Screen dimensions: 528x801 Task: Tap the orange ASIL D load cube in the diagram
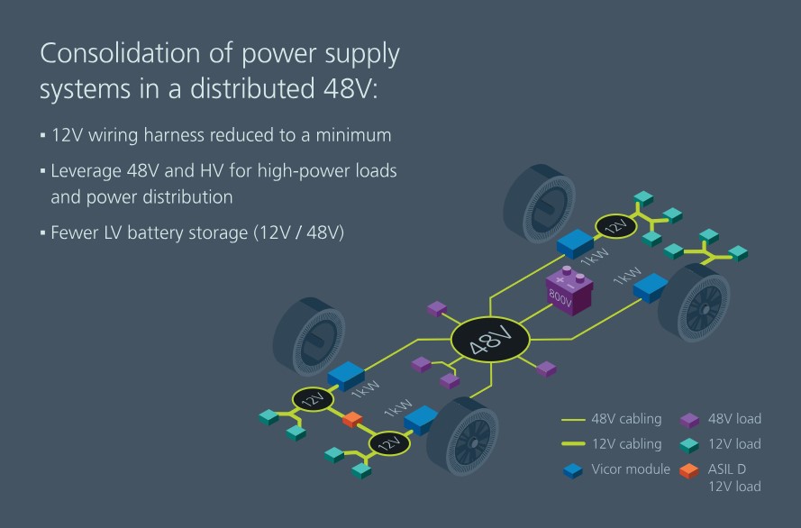point(352,419)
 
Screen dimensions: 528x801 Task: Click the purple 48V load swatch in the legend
point(689,419)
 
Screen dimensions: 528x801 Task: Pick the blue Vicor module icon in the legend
point(572,469)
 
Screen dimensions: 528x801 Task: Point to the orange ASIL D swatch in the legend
point(689,469)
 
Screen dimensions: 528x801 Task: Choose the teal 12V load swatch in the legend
point(689,444)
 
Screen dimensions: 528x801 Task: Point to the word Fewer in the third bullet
point(75,232)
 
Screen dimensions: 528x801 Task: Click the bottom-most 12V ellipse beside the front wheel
point(389,442)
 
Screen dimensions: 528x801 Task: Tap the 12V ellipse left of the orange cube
point(313,399)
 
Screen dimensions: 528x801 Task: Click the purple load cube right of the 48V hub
point(546,368)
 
